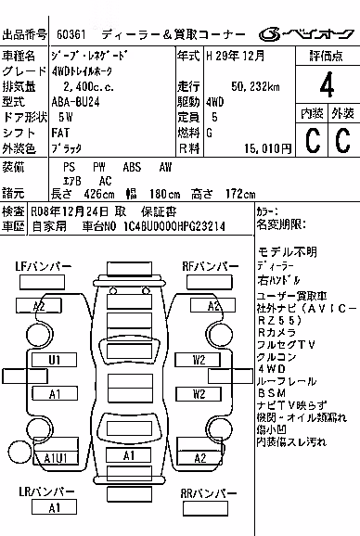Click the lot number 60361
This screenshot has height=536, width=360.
tap(71, 34)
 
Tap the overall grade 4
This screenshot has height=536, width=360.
tap(327, 84)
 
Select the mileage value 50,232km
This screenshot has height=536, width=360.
tap(255, 86)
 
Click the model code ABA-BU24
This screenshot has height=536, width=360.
tap(75, 102)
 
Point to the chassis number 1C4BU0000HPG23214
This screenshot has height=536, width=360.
tap(174, 226)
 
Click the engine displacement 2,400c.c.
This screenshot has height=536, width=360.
tap(88, 87)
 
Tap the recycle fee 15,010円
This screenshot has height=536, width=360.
tap(268, 148)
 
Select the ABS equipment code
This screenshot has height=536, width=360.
tap(132, 167)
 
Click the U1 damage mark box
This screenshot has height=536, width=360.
tap(55, 360)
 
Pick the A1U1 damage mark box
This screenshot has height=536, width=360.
tap(56, 458)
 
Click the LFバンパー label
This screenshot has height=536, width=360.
tap(44, 266)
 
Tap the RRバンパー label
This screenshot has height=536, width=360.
tap(209, 493)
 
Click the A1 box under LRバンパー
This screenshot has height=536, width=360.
tap(54, 507)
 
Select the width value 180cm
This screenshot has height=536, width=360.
tap(164, 194)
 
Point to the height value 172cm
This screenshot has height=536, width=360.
tap(240, 194)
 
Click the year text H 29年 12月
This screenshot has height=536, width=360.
tap(236, 56)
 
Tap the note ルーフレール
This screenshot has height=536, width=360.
tap(287, 381)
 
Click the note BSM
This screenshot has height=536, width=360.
tap(272, 393)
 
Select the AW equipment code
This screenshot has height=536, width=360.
tap(165, 167)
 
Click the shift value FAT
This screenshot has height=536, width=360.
tap(60, 133)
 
